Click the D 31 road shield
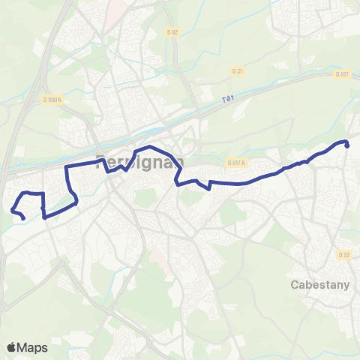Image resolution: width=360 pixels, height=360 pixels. (x=238, y=71)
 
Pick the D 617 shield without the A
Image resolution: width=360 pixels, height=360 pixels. (x=342, y=73)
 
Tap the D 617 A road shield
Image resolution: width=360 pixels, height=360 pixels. (x=236, y=161)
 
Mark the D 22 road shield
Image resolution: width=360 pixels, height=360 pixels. (x=344, y=255)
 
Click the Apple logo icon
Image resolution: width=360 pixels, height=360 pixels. (x=12, y=347)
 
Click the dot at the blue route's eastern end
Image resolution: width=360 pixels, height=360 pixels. (x=347, y=145)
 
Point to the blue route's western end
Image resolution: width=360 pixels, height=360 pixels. (x=23, y=218)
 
